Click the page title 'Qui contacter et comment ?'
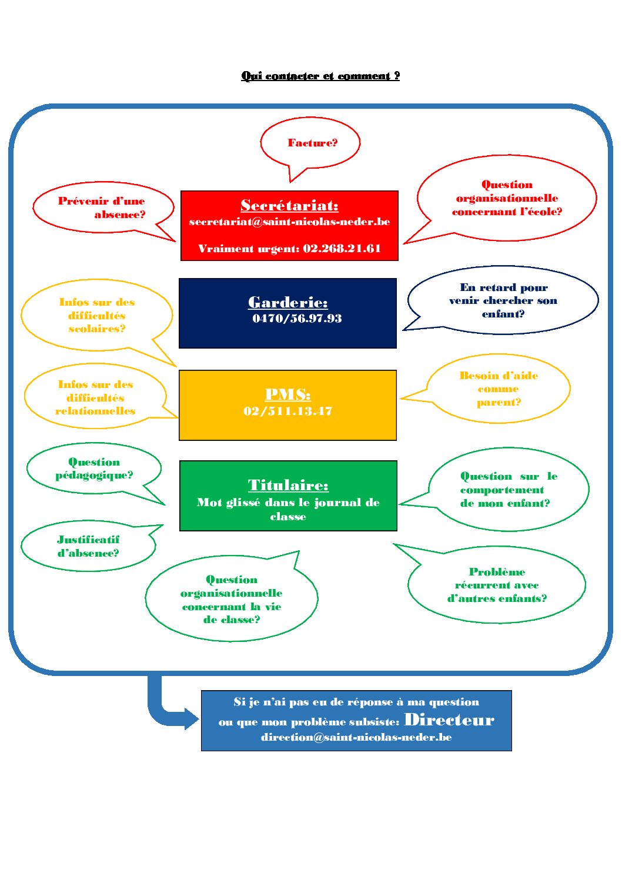(320, 76)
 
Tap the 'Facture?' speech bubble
(312, 143)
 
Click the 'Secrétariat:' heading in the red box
(289, 205)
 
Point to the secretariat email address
(289, 222)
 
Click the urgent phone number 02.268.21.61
(342, 249)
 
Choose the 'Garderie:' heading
(287, 302)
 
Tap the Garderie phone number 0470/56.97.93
(297, 319)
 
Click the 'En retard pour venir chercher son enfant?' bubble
(503, 300)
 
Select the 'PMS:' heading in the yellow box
(287, 394)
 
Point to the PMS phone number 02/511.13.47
(287, 411)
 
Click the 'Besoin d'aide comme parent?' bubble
(499, 389)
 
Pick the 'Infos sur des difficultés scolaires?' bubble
(97, 315)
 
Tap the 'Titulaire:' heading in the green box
(288, 485)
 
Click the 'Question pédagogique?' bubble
(94, 469)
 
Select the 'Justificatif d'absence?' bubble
(88, 546)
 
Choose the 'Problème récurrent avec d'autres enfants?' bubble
(497, 585)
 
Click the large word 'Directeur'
(449, 720)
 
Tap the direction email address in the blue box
(356, 737)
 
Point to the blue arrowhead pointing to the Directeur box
(192, 718)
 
